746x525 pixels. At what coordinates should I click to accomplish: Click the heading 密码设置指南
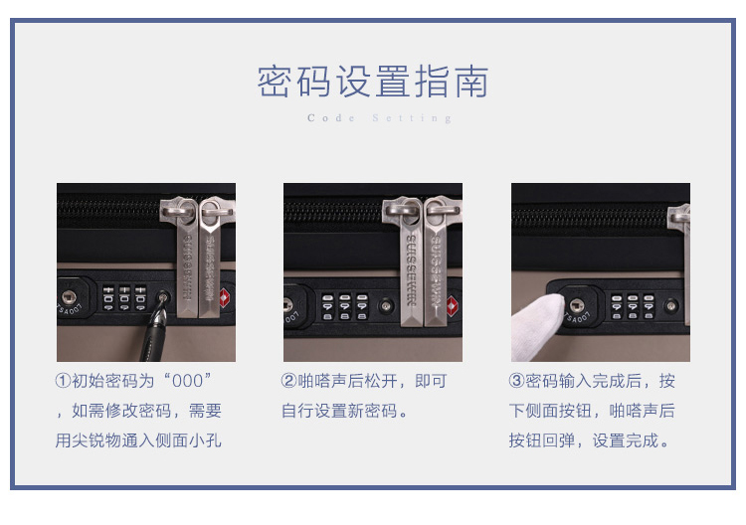[373, 82]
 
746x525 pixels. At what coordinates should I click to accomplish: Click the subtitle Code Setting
[379, 118]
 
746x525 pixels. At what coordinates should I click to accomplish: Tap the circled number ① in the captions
[63, 381]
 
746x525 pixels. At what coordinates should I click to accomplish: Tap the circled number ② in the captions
[288, 381]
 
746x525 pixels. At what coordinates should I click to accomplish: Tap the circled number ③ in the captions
[516, 381]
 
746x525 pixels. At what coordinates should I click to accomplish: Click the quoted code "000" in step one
[187, 381]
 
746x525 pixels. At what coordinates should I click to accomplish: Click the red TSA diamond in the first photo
[224, 298]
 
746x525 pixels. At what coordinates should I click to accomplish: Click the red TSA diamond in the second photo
[452, 306]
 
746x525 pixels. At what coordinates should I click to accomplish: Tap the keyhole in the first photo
[69, 297]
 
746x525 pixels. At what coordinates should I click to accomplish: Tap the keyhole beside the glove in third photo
[577, 305]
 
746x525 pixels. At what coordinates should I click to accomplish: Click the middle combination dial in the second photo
[345, 306]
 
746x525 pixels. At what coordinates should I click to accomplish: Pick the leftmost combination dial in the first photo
[108, 298]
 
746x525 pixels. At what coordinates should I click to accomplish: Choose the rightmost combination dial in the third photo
[649, 306]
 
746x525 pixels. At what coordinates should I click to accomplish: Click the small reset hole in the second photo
[386, 306]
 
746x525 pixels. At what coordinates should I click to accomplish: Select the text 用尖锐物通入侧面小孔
[138, 440]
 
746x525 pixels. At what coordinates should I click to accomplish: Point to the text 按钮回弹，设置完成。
[590, 440]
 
